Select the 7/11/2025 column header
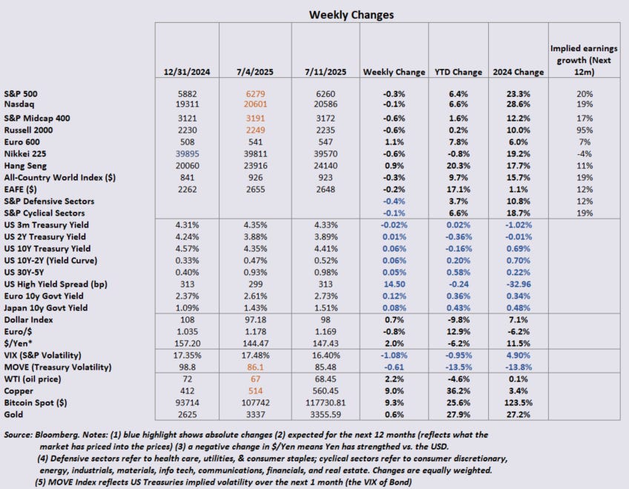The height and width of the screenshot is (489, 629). coord(325,72)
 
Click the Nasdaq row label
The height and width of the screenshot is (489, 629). coord(22,106)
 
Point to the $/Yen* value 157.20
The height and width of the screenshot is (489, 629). coord(188,342)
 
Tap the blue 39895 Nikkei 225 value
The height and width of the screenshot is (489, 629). coord(188,153)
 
